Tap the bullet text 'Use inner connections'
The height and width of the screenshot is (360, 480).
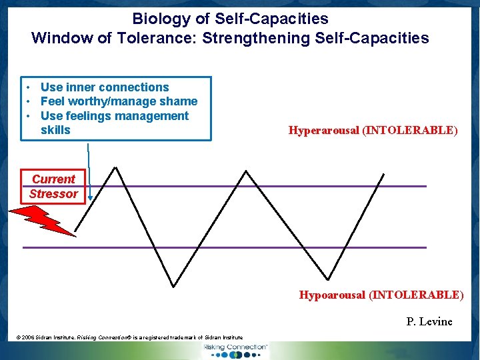(105, 87)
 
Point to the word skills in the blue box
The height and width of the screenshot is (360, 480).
(55, 130)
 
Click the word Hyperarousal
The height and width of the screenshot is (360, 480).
(323, 131)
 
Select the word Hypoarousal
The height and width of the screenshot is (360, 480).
(332, 295)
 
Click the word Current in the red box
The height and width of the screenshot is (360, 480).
(53, 179)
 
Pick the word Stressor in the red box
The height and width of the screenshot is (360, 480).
(53, 194)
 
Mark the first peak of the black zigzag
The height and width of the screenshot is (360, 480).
(117, 167)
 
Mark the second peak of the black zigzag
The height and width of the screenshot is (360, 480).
(247, 171)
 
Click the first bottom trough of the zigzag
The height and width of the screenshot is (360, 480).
(174, 286)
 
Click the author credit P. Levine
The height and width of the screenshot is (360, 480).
(429, 322)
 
